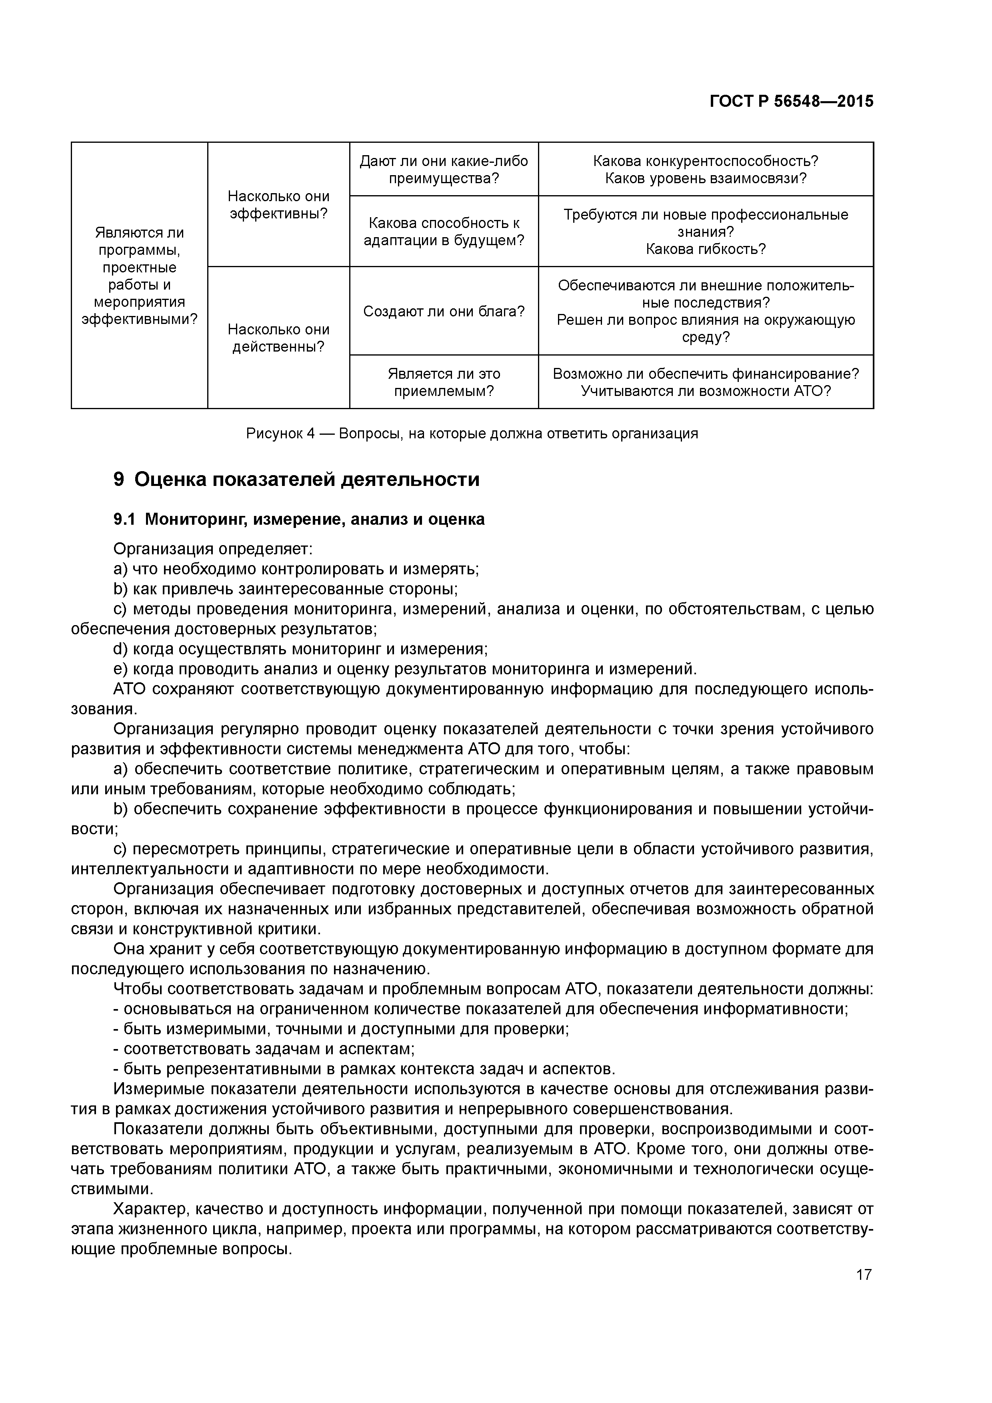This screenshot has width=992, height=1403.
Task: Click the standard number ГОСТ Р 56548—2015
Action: [x=791, y=102]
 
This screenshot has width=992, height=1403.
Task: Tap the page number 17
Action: [x=863, y=1275]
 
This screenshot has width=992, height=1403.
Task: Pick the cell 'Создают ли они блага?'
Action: [x=444, y=311]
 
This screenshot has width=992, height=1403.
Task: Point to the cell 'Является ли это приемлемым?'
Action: [x=444, y=382]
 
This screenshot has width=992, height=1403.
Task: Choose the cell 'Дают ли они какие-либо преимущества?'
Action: [x=444, y=169]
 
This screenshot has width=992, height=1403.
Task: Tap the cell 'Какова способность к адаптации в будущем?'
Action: [x=444, y=232]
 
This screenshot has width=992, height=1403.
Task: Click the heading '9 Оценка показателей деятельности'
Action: [x=296, y=480]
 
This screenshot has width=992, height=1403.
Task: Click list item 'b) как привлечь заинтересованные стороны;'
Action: [x=286, y=589]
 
